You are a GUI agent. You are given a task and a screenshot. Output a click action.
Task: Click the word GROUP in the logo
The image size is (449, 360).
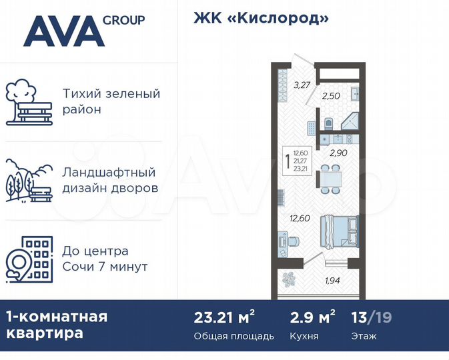[x=123, y=20]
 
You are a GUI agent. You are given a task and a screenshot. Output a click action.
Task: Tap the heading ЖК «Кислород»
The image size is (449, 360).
[x=261, y=18]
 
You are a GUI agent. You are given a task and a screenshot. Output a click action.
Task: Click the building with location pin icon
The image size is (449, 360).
[x=27, y=259]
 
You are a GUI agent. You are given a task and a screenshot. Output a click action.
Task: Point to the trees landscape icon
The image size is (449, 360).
[x=27, y=181]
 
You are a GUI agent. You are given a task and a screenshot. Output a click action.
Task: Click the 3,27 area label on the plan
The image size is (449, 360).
[x=303, y=85]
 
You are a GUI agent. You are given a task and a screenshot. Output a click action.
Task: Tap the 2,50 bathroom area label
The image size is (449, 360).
[x=331, y=96]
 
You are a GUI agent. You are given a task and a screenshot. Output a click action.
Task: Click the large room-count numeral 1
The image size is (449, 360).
[x=287, y=161]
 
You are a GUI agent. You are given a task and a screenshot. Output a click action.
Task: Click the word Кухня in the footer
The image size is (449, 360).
[x=304, y=336]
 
